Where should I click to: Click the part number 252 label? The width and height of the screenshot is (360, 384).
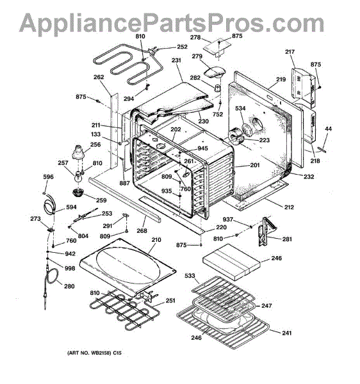pyautogui.click(x=182, y=47)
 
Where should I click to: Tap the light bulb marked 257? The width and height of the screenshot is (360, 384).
pyautogui.click(x=78, y=177)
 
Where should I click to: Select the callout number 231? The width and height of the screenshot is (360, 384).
pyautogui.click(x=176, y=60)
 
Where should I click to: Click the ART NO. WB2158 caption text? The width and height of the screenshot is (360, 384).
pyautogui.click(x=94, y=353)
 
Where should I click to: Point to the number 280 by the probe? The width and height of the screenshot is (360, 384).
pyautogui.click(x=69, y=286)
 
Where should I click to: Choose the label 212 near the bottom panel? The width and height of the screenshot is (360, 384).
pyautogui.click(x=289, y=207)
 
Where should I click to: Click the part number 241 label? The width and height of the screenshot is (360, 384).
pyautogui.click(x=287, y=333)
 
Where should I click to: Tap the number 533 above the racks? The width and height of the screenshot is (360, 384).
pyautogui.click(x=190, y=276)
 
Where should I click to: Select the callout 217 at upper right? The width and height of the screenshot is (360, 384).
pyautogui.click(x=290, y=52)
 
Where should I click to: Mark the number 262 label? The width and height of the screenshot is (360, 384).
pyautogui.click(x=99, y=77)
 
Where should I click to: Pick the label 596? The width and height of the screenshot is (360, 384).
pyautogui.click(x=48, y=177)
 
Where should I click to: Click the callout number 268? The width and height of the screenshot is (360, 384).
pyautogui.click(x=142, y=230)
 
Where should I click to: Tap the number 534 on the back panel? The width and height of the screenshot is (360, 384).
pyautogui.click(x=240, y=108)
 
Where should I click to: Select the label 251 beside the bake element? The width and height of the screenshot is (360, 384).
pyautogui.click(x=170, y=300)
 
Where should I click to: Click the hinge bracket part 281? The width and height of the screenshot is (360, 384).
pyautogui.click(x=266, y=230)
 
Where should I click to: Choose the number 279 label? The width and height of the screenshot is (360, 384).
pyautogui.click(x=197, y=56)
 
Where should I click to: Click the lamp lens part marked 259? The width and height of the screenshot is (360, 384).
pyautogui.click(x=78, y=192)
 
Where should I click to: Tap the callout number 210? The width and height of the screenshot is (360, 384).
pyautogui.click(x=156, y=239)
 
